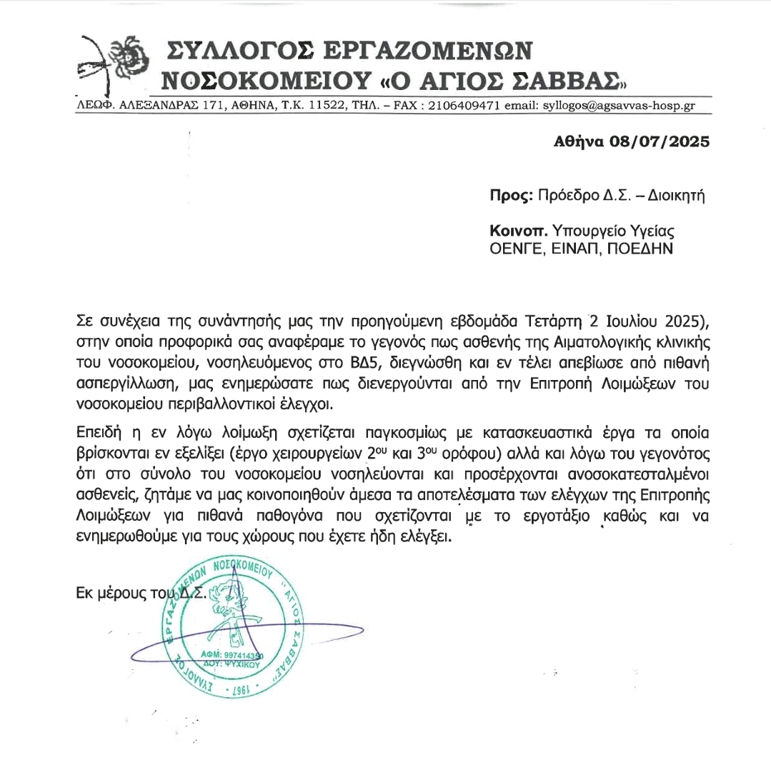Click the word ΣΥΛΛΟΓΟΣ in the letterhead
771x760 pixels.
click(240, 49)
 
